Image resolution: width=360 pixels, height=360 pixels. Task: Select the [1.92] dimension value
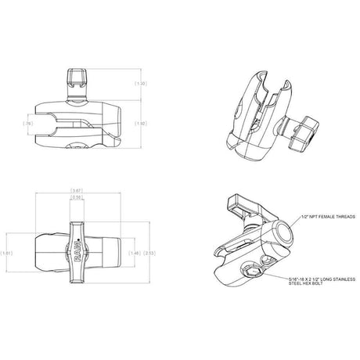point(141,123)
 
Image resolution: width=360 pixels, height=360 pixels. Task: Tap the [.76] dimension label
point(28,123)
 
